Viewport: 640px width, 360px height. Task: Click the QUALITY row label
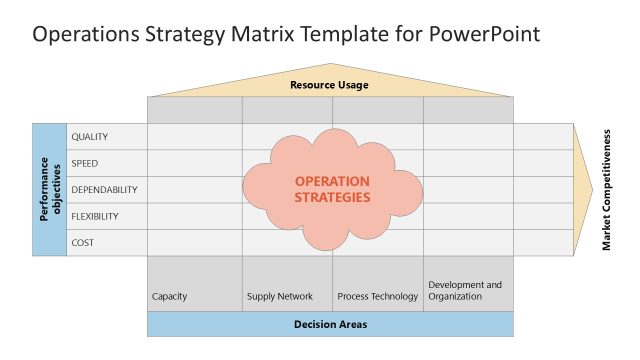pyautogui.click(x=90, y=137)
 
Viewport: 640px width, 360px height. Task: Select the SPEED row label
pyautogui.click(x=85, y=163)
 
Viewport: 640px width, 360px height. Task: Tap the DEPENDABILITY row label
pyautogui.click(x=104, y=189)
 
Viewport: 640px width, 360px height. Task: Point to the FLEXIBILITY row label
pyautogui.click(x=95, y=216)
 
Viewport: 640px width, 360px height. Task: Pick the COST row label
pyautogui.click(x=83, y=242)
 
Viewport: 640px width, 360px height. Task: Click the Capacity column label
pyautogui.click(x=170, y=296)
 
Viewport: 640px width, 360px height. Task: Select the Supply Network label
pyautogui.click(x=280, y=296)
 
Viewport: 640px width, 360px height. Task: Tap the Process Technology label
pyautogui.click(x=378, y=296)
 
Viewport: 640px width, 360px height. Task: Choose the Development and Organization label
pyautogui.click(x=465, y=290)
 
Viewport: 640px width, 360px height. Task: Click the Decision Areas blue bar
pyautogui.click(x=330, y=324)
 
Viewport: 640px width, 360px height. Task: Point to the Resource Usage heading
pyautogui.click(x=330, y=85)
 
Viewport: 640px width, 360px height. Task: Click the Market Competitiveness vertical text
pyautogui.click(x=607, y=189)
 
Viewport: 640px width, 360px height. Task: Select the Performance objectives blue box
pyautogui.click(x=50, y=189)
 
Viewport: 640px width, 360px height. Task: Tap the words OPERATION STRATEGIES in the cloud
pyautogui.click(x=332, y=189)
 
